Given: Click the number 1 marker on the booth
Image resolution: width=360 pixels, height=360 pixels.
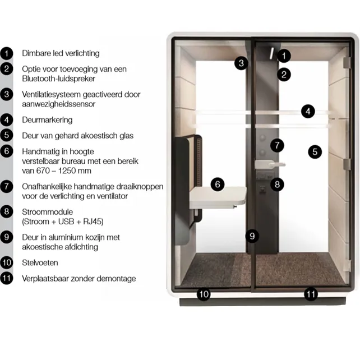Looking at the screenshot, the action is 284,56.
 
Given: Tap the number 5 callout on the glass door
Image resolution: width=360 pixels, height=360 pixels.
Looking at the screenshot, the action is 315,151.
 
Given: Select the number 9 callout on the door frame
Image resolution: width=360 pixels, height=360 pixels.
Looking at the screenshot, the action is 252,236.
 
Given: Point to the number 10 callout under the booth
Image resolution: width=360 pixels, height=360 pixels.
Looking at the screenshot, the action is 204,294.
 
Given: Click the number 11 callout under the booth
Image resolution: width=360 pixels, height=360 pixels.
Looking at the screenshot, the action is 311,294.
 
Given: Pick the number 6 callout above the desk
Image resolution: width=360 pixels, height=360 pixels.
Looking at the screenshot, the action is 218,184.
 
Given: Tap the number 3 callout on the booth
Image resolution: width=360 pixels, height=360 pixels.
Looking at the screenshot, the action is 241,63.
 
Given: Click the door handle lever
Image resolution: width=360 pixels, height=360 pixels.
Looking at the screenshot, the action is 270,164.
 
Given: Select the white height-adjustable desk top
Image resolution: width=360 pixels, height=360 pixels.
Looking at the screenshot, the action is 218,196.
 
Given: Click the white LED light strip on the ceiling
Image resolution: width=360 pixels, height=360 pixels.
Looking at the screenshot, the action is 271,53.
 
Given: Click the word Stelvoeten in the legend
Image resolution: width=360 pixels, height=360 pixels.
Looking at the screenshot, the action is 40,262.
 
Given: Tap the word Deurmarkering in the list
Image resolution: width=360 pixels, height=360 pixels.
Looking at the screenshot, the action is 47,120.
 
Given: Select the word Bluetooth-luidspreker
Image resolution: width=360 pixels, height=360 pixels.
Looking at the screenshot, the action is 58,79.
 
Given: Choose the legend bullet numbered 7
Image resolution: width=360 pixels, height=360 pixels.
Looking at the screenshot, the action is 6,186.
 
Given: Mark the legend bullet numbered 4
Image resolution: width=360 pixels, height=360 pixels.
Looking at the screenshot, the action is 6,119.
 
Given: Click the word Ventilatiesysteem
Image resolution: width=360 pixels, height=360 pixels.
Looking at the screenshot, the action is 51,94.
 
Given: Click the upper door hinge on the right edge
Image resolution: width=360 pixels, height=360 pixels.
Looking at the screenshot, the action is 347,62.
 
